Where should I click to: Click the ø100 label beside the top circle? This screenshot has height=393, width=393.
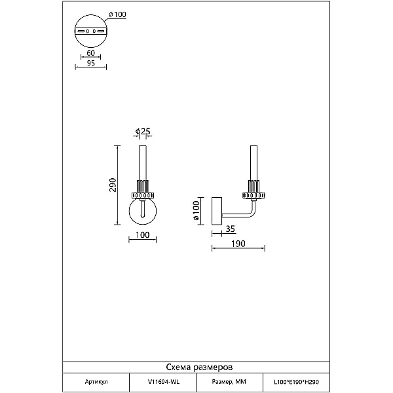click(117, 15)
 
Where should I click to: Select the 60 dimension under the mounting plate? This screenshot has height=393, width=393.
click(91, 53)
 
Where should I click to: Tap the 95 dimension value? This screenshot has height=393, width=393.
click(91, 63)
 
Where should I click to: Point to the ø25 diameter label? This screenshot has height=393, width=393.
click(143, 131)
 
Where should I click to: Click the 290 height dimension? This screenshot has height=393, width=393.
click(113, 185)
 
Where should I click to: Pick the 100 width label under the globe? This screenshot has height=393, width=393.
click(142, 235)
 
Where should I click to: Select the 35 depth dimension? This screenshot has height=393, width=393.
click(231, 229)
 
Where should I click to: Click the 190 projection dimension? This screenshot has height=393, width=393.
click(238, 244)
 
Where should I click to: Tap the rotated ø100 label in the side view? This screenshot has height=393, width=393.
click(196, 210)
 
